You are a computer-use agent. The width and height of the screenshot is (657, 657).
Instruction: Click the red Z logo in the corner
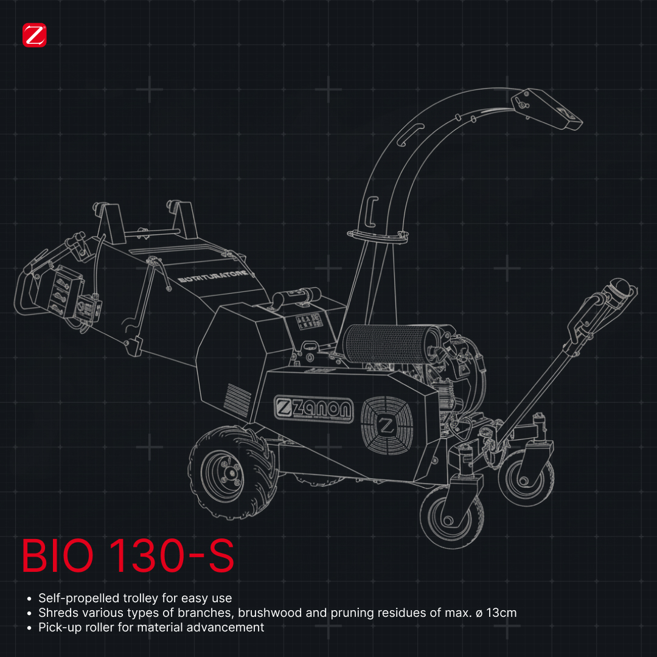click(x=34, y=35)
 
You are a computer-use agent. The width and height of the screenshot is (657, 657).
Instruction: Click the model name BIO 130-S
click(x=127, y=555)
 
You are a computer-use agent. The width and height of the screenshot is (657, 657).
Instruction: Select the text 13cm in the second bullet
click(x=501, y=613)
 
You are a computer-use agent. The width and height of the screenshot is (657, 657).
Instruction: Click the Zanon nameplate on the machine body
click(x=313, y=409)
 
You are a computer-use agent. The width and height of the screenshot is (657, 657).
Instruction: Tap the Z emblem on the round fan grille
click(x=386, y=425)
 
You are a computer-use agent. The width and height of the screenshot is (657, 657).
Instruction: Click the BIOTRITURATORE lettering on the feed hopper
click(x=212, y=277)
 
